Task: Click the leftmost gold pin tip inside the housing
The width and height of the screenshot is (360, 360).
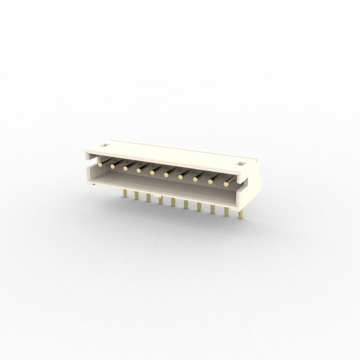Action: click(x=100, y=164)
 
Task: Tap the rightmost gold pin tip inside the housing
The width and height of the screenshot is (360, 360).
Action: click(x=226, y=184)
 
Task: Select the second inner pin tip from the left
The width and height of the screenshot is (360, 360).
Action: click(x=113, y=167)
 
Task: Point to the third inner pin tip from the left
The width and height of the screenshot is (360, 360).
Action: click(x=125, y=168)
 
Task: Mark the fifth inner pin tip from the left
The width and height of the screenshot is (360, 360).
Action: click(x=152, y=172)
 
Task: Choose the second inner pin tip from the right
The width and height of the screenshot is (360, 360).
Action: click(x=210, y=182)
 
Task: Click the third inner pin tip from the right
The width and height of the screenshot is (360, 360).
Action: click(x=195, y=180)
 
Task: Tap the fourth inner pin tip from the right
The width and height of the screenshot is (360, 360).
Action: click(x=180, y=177)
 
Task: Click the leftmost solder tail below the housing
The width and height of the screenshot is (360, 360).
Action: click(x=125, y=193)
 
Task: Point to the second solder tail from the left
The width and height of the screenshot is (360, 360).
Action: click(x=136, y=196)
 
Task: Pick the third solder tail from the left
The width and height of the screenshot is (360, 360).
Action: click(x=148, y=197)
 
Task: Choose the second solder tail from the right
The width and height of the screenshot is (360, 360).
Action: click(x=226, y=211)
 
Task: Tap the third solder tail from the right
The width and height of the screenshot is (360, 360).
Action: click(x=212, y=209)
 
